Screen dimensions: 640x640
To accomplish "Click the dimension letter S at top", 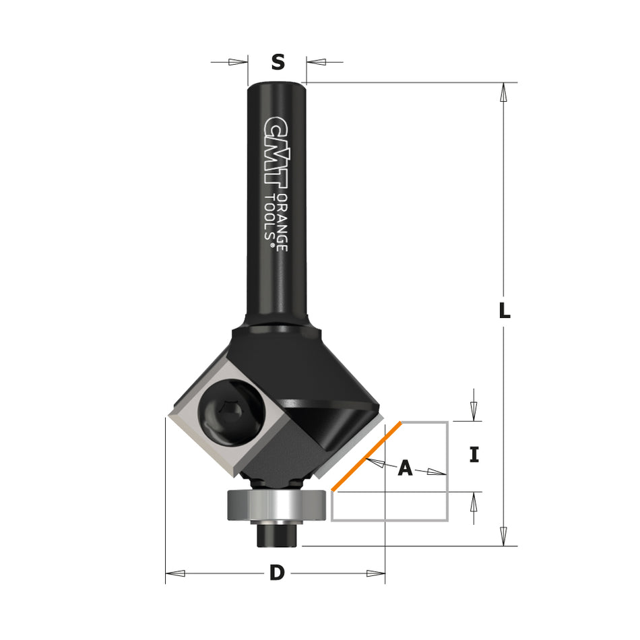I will (278, 62).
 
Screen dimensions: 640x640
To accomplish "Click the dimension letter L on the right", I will (504, 311).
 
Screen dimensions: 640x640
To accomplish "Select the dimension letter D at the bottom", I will (276, 573).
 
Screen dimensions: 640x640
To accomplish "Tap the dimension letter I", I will (474, 455).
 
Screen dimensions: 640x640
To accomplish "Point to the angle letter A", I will (405, 468).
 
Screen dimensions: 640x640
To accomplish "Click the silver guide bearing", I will (277, 504).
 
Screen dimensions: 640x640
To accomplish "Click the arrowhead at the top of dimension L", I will (503, 92).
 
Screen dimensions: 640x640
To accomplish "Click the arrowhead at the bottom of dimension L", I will (503, 536).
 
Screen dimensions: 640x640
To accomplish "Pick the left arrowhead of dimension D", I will (175, 573).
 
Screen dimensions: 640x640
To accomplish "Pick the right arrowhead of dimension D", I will (376, 573).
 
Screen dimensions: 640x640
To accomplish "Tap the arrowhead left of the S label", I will (238, 62).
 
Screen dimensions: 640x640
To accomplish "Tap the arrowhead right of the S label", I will (317, 62).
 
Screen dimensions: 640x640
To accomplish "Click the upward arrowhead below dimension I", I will (474, 501).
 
